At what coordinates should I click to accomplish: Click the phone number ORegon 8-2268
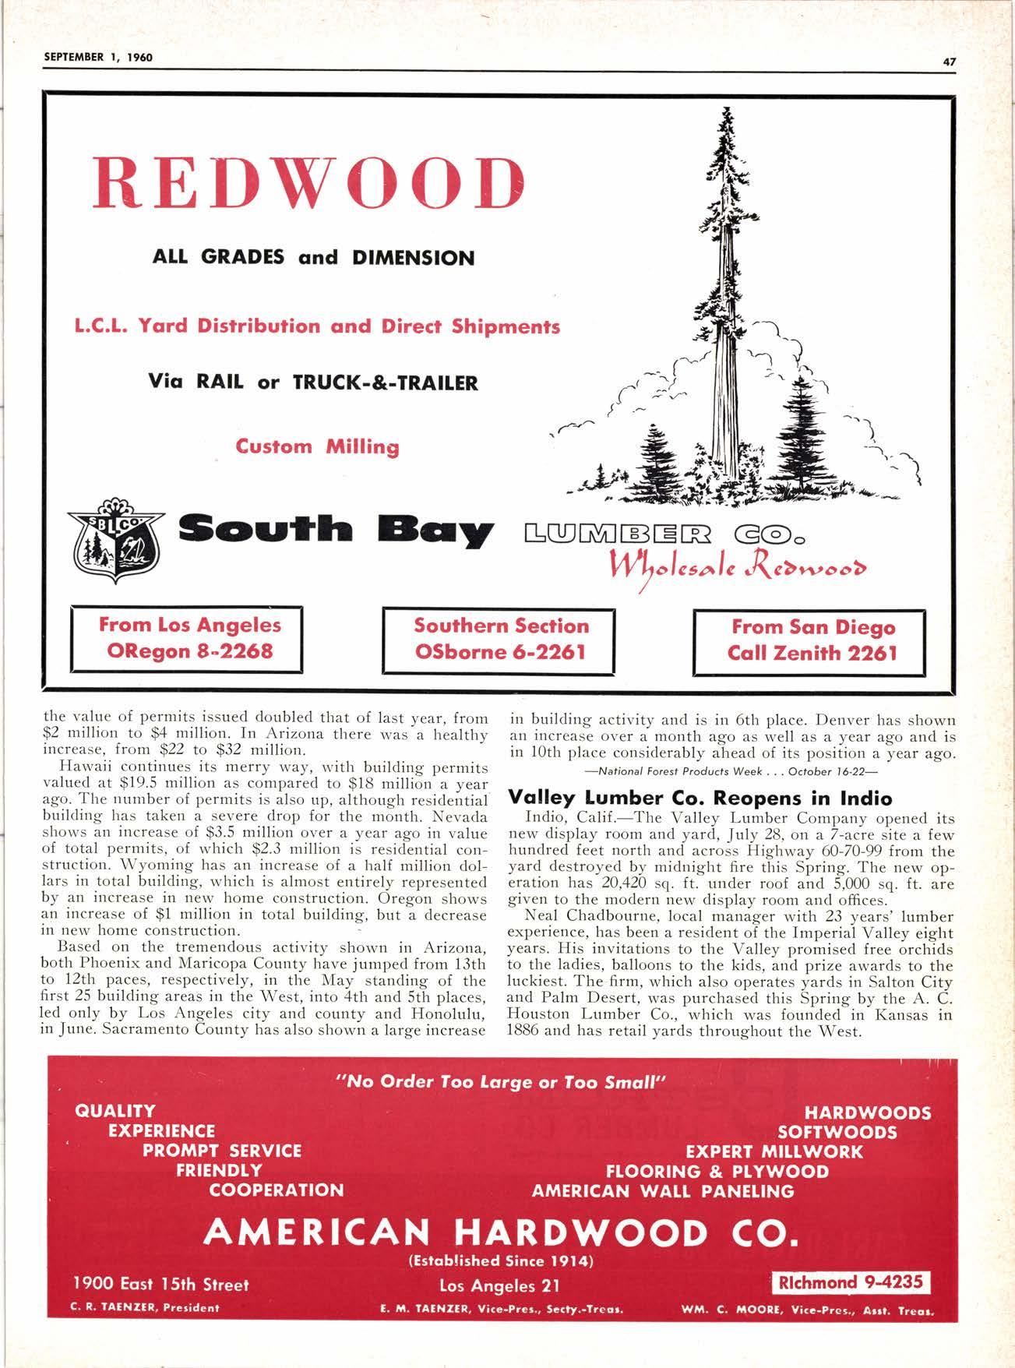[189, 651]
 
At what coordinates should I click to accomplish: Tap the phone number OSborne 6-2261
[501, 651]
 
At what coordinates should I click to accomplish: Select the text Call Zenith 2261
[812, 652]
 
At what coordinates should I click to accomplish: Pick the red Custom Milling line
[317, 447]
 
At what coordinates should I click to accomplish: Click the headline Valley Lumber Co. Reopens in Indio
[700, 799]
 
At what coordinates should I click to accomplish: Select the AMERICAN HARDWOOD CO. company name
[500, 1232]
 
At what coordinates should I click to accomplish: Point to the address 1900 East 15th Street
[161, 1284]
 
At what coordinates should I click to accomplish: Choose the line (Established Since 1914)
[501, 1260]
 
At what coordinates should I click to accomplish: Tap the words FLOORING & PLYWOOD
[717, 1171]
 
